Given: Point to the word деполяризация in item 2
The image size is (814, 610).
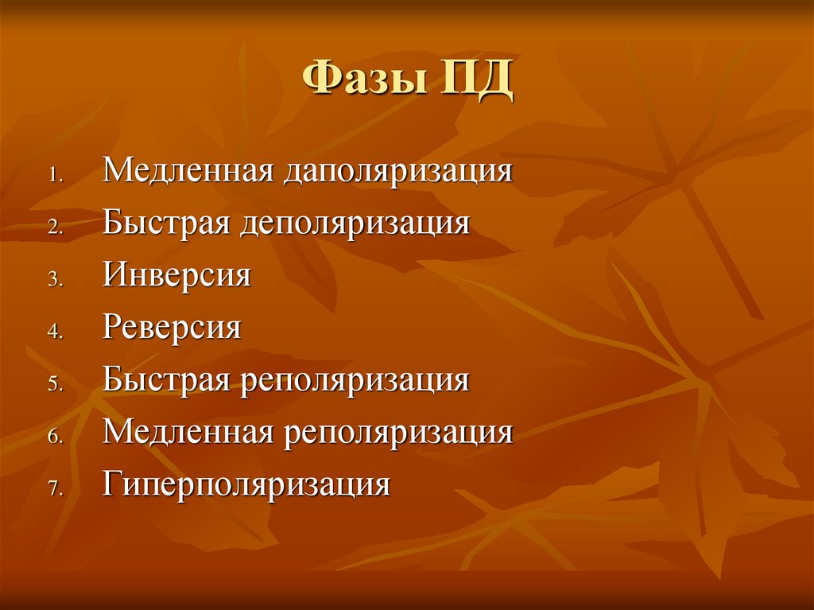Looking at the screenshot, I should click(353, 223).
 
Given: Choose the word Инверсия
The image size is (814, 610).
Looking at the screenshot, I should click(176, 275).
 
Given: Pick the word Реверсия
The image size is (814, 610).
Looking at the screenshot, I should click(171, 328).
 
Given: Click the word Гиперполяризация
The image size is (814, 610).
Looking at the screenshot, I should click(246, 485).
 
